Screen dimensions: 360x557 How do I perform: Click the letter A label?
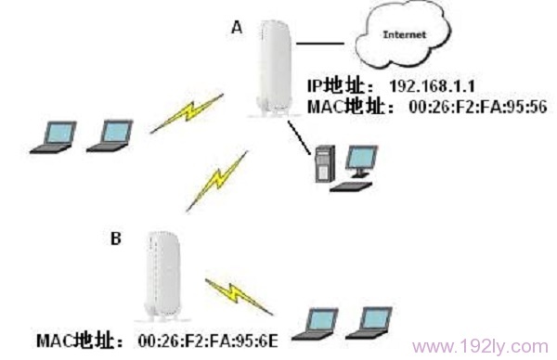[236, 29]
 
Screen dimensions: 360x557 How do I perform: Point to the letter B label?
[116, 238]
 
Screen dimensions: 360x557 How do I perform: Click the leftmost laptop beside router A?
[50, 136]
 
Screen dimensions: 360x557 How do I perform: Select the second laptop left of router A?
[110, 136]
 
